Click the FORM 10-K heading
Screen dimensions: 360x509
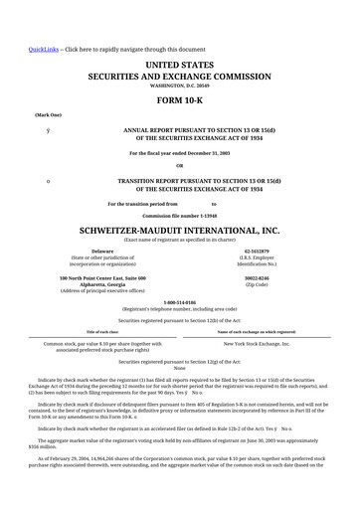coord(179,101)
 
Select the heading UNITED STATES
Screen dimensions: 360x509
coord(179,65)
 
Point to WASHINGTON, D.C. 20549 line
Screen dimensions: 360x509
coord(179,86)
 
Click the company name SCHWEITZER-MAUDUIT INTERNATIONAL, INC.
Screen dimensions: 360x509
coord(179,229)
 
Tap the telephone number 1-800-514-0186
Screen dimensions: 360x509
coord(179,302)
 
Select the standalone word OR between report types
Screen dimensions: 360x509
coord(179,165)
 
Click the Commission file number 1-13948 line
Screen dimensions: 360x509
coord(179,215)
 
